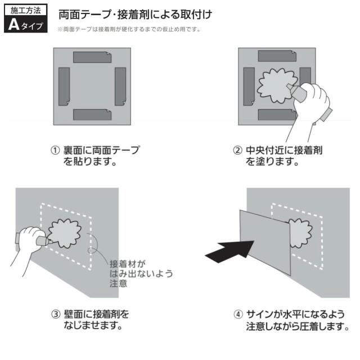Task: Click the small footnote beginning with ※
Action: (129, 29)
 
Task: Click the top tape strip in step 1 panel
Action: (92, 57)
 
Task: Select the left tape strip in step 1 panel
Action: (64, 87)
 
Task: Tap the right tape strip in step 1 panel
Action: (120, 87)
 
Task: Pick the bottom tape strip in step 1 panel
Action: (92, 115)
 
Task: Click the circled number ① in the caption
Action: (55, 151)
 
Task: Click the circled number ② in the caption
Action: (237, 151)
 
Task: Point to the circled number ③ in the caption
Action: (55, 313)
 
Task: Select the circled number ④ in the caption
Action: (237, 313)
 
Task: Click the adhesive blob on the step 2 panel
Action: (274, 86)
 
